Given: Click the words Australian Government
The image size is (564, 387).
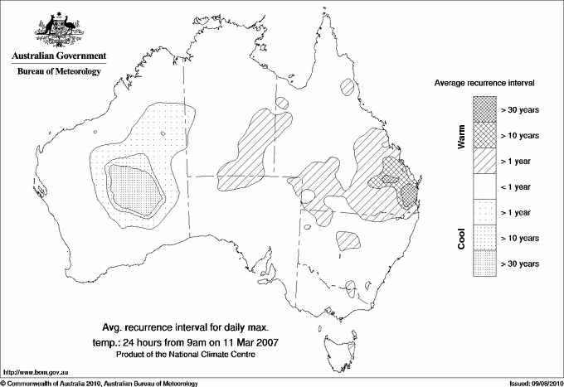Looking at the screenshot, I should pos(58,57).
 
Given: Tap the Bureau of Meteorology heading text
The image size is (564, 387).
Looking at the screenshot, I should pos(58,72).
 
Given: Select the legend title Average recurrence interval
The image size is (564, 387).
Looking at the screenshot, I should pos(484,84).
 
